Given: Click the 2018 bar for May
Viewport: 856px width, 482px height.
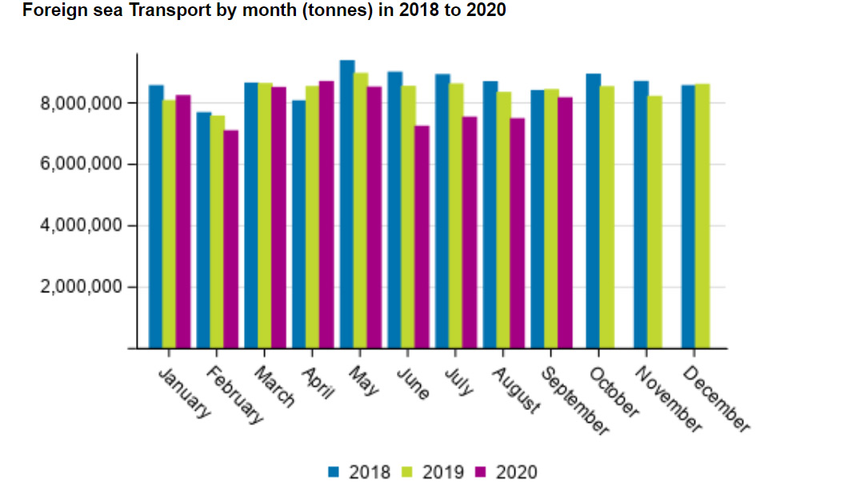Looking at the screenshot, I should click(x=347, y=204).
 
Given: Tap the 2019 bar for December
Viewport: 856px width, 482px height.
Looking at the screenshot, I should click(x=702, y=216).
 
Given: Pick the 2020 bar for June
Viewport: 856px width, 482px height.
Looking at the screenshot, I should click(x=422, y=237).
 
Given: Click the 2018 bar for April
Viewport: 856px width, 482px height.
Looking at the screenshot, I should click(x=299, y=224).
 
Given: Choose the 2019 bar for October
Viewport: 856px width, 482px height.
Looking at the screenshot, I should click(x=606, y=217).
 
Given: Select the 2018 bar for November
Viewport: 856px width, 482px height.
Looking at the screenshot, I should click(x=641, y=215).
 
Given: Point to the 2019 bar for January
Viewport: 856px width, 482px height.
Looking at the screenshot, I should click(x=170, y=224).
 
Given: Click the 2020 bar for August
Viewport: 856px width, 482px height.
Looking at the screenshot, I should click(x=518, y=233).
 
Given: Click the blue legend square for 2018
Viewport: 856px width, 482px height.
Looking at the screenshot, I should click(x=334, y=472).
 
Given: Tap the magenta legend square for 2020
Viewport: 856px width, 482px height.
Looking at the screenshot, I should click(x=481, y=472).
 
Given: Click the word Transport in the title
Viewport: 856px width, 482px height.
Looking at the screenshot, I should click(x=162, y=10).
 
